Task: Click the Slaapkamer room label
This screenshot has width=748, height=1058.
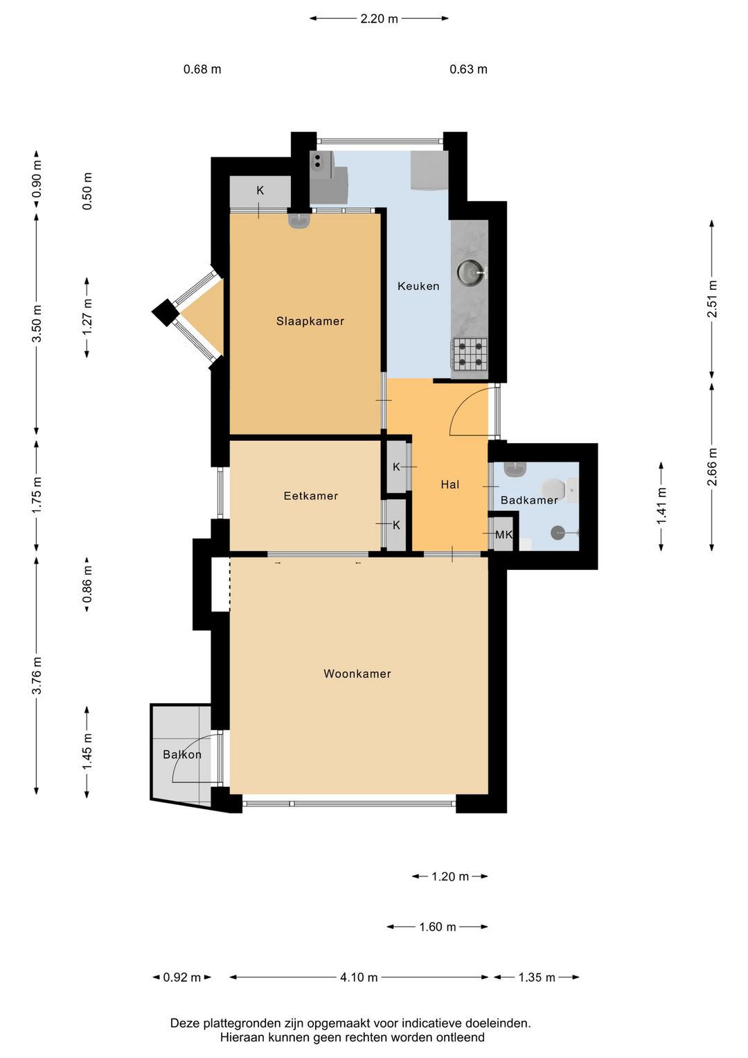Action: (x=310, y=321)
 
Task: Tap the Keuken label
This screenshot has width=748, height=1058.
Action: (x=418, y=286)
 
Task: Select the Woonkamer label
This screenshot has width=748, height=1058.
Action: (x=357, y=673)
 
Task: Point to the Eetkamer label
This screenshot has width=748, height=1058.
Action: (x=310, y=496)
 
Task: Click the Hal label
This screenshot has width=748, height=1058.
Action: (x=449, y=484)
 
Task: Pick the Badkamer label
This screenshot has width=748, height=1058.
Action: (x=529, y=500)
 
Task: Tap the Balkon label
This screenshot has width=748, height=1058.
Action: (x=182, y=754)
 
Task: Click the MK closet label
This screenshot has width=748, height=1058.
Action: (x=504, y=535)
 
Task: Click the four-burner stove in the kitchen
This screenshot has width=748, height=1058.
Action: (x=470, y=354)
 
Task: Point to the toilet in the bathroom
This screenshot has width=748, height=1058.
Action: (x=551, y=487)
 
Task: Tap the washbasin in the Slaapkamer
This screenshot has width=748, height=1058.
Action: (x=299, y=221)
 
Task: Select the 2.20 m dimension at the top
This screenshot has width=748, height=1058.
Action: (x=379, y=19)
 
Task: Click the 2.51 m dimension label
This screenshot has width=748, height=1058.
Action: (x=712, y=299)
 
